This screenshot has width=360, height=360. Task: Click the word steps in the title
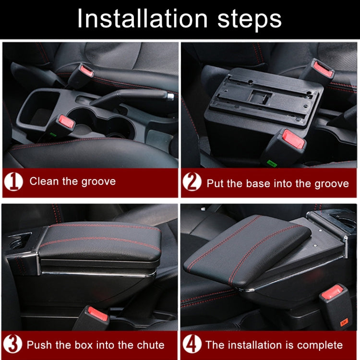click(244, 19)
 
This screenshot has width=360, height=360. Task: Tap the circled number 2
click(192, 182)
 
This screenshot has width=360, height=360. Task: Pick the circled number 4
click(192, 344)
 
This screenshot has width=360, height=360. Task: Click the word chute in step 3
click(149, 345)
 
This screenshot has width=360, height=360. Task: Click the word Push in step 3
click(39, 345)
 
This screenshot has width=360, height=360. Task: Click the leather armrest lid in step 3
click(101, 240)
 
